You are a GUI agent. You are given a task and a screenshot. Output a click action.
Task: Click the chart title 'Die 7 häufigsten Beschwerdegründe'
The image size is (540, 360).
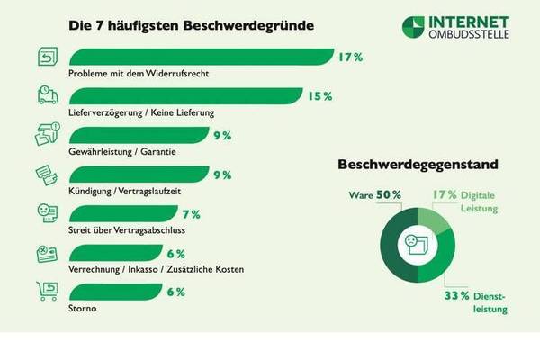(x=191, y=26)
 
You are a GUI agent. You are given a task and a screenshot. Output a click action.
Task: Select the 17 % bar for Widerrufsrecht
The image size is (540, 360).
(x=198, y=57)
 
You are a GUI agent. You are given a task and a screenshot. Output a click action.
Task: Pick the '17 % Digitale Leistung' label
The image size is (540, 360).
(x=470, y=200)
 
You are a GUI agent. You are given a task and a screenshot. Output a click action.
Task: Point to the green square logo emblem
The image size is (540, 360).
(x=415, y=27)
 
